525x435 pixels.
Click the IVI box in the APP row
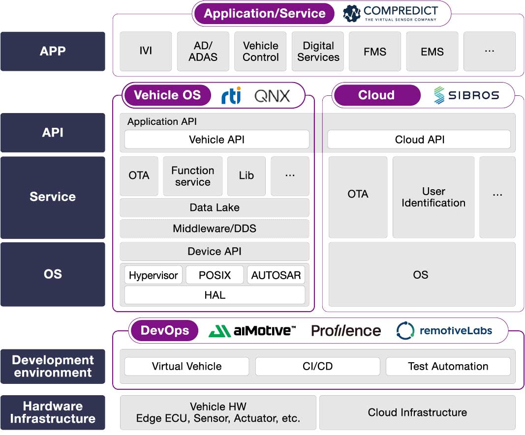[x=146, y=52]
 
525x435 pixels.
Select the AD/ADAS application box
[x=203, y=52]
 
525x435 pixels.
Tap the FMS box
[x=375, y=52]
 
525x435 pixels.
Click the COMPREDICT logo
[x=390, y=13]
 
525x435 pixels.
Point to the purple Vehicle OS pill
[x=167, y=95]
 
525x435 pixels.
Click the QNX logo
[x=272, y=96]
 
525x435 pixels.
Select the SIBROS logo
[x=466, y=95]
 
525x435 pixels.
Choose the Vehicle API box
[x=216, y=140]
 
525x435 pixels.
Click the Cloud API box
[x=419, y=140]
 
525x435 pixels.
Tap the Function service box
[x=192, y=176]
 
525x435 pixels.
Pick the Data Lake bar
[x=215, y=207]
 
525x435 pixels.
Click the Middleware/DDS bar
[x=215, y=229]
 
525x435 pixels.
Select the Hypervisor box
[x=153, y=275]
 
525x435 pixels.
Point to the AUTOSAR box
[x=276, y=275]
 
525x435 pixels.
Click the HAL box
[x=215, y=295]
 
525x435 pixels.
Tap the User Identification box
[x=433, y=197]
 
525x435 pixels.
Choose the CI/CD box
[x=317, y=366]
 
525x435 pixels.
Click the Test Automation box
[x=448, y=366]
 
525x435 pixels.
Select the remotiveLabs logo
[x=444, y=331]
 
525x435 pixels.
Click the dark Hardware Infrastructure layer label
[x=53, y=412]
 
